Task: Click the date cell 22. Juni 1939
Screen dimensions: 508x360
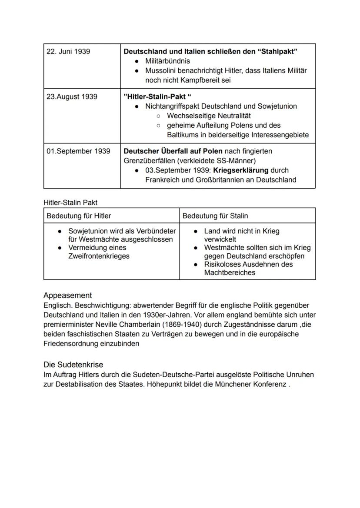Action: click(x=68, y=52)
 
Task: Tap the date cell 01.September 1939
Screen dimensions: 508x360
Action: click(x=78, y=151)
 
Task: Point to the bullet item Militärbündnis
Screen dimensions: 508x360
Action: click(x=167, y=61)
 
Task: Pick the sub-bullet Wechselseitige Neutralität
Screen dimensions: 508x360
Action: click(x=209, y=116)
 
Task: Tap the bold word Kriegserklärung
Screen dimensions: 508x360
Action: click(x=238, y=170)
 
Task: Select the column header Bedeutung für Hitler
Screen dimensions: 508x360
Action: click(x=79, y=216)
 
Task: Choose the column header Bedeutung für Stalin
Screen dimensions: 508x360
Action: click(x=215, y=216)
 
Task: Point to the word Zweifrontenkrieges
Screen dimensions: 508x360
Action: click(x=99, y=256)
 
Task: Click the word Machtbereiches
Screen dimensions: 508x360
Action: click(x=230, y=273)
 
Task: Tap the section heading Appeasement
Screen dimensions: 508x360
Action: click(x=67, y=296)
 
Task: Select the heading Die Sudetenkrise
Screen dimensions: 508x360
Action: click(x=73, y=365)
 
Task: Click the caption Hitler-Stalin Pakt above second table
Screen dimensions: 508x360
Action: click(x=70, y=203)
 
